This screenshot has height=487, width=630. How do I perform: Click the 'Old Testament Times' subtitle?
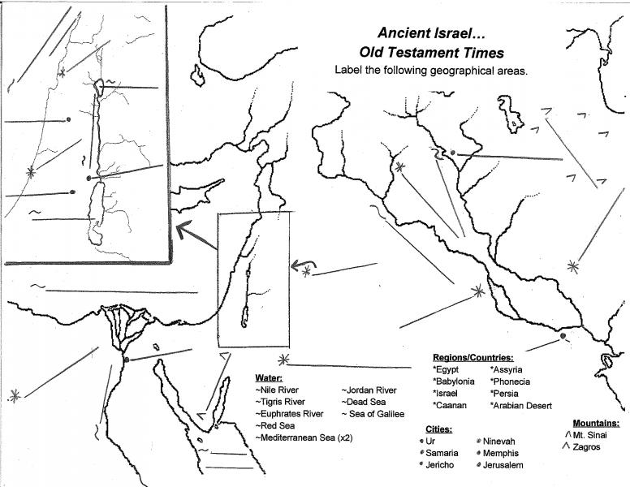[x=432, y=53]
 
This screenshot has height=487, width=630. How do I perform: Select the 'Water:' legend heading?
[x=269, y=378]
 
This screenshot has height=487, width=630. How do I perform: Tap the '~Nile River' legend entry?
[x=277, y=390]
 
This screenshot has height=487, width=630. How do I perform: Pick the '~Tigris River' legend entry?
[x=280, y=402]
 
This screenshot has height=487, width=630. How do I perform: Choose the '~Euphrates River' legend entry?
[x=289, y=414]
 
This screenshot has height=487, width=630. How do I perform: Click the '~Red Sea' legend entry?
[x=275, y=425]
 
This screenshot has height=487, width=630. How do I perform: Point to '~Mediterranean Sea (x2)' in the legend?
[x=304, y=437]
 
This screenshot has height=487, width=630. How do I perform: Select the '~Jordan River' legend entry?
[x=369, y=390]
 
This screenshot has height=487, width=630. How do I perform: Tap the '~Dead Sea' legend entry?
[x=364, y=402]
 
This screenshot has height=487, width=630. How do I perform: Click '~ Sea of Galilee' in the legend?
[x=373, y=414]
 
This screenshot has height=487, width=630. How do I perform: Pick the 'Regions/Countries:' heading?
[x=472, y=358]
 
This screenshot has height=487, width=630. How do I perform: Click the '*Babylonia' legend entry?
[x=453, y=381]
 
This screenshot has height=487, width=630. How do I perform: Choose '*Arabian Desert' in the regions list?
[x=520, y=406]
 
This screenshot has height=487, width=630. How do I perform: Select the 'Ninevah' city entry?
[x=496, y=442]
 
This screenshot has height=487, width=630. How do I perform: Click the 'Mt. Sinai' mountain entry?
[x=586, y=435]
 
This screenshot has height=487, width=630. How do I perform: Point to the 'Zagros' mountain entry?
[x=583, y=446]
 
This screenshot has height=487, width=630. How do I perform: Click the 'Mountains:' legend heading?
[x=596, y=423]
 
